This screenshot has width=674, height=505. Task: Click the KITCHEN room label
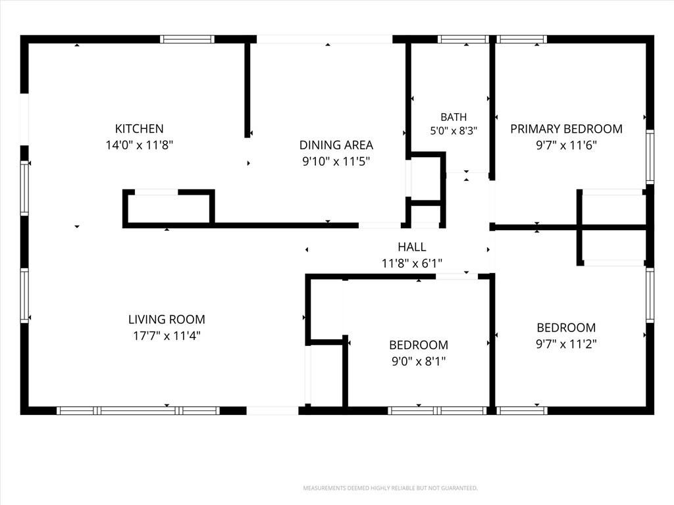click(140, 128)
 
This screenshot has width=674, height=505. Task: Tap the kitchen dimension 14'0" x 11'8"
click(140, 145)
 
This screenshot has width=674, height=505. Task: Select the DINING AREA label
click(336, 145)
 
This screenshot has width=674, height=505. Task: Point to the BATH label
click(454, 117)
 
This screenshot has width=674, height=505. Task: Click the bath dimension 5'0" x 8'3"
click(454, 131)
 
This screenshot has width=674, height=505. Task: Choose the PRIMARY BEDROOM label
click(566, 129)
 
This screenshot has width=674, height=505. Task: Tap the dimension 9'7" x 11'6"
click(566, 145)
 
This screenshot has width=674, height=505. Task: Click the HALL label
click(412, 247)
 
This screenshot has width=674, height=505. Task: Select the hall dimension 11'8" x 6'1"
click(412, 263)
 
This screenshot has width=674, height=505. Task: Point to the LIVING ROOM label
click(167, 320)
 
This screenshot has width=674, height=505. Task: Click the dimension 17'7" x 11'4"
click(167, 336)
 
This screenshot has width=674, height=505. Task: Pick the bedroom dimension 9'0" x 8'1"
click(418, 362)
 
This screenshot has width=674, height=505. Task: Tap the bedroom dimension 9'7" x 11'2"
click(566, 344)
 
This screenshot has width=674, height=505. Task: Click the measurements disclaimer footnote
click(390, 489)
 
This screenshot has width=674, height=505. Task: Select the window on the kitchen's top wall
click(187, 39)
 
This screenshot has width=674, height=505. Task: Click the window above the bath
click(463, 39)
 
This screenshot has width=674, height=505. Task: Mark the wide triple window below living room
click(138, 410)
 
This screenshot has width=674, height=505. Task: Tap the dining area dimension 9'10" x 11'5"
click(336, 162)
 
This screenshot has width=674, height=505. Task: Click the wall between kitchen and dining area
click(247, 90)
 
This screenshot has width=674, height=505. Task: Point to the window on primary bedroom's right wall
click(650, 156)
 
